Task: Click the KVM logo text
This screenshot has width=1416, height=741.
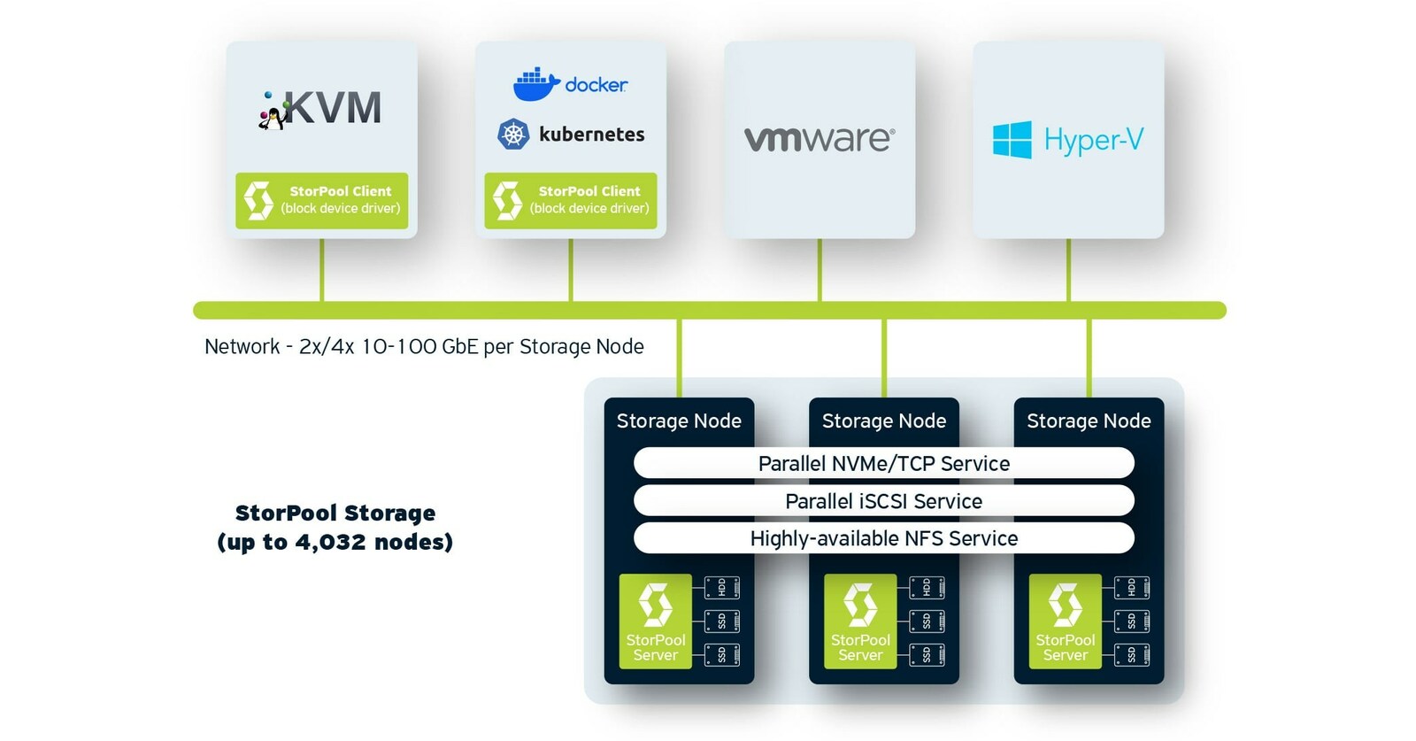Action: coord(332,109)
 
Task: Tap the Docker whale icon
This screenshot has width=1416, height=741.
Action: coord(535,84)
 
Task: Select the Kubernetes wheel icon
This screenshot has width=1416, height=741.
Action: coord(513,134)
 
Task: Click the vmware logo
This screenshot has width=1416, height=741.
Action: coord(819,139)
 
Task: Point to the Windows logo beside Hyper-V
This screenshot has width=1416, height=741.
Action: coord(1012,140)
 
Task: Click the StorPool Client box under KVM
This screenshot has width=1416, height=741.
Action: coord(321,200)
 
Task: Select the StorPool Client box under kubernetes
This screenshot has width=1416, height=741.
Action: coord(571,200)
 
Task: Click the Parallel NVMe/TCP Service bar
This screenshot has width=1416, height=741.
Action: coord(883,463)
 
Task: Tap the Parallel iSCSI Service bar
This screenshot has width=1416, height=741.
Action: coord(883,501)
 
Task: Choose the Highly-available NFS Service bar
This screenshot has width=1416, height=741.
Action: coord(883,538)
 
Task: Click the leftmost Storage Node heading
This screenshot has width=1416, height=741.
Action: coord(679,421)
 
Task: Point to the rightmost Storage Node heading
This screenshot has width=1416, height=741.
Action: coord(1089,421)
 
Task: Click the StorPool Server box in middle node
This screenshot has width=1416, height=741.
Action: coord(860,621)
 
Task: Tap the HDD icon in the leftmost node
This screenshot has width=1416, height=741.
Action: coord(721,587)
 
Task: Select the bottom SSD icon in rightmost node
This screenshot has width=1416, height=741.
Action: coord(1131,655)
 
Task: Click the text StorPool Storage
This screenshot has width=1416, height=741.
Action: coord(335,513)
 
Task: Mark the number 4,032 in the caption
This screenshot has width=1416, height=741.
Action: coord(330,542)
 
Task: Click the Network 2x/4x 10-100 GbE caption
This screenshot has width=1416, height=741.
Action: coord(424,346)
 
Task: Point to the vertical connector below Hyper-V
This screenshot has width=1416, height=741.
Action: coord(1068,270)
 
